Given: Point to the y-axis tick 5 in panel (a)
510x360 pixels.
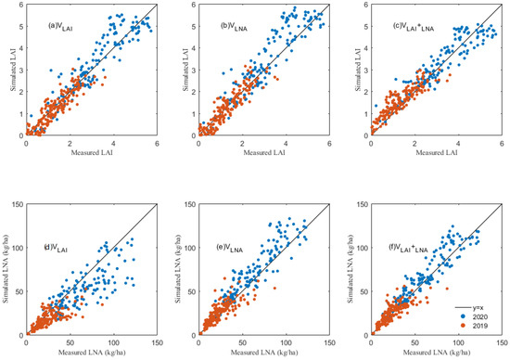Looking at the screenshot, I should click(x=20, y=27).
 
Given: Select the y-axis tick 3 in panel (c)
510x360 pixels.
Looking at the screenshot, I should click(x=364, y=71).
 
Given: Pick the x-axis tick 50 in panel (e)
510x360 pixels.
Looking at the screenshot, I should click(x=242, y=343).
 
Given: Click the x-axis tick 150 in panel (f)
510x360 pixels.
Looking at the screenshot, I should click(x=502, y=343).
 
